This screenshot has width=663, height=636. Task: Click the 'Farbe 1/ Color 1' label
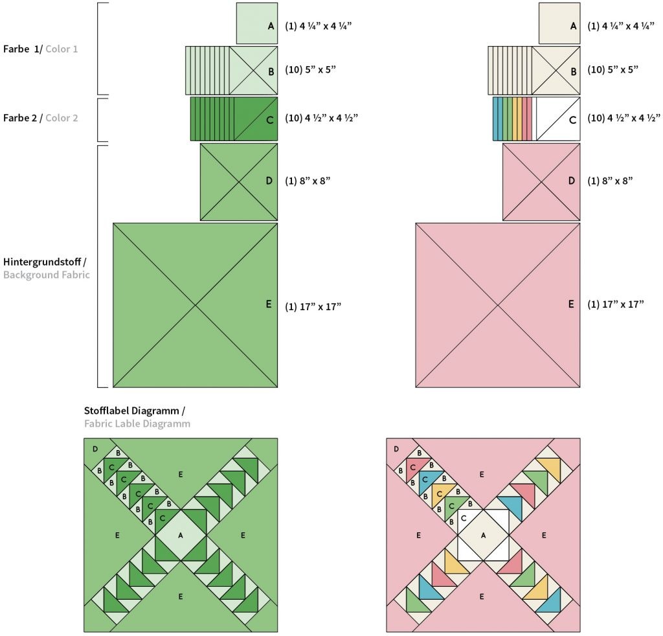[x=40, y=49]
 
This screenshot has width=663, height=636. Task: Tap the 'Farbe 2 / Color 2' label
[x=40, y=118]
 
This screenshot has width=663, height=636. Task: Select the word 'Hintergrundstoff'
[x=43, y=262]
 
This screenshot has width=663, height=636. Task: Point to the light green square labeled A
[x=257, y=24]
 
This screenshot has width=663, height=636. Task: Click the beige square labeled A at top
[x=559, y=24]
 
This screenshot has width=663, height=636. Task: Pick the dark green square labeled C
[x=256, y=119]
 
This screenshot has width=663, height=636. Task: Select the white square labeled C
[x=558, y=119]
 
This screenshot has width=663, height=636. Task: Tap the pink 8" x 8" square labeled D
[x=541, y=181]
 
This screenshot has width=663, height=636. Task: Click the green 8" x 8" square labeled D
[x=239, y=181]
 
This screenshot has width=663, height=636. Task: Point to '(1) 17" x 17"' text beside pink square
[x=615, y=304]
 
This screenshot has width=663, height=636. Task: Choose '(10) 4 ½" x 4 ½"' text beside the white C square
[x=624, y=118]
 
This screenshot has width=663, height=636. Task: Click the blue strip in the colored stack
[x=496, y=119]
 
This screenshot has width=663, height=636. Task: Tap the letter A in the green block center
[x=181, y=535]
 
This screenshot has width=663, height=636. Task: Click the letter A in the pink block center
[x=483, y=535]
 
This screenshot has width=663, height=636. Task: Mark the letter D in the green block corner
[x=95, y=449]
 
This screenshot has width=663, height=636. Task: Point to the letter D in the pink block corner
[x=397, y=449]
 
